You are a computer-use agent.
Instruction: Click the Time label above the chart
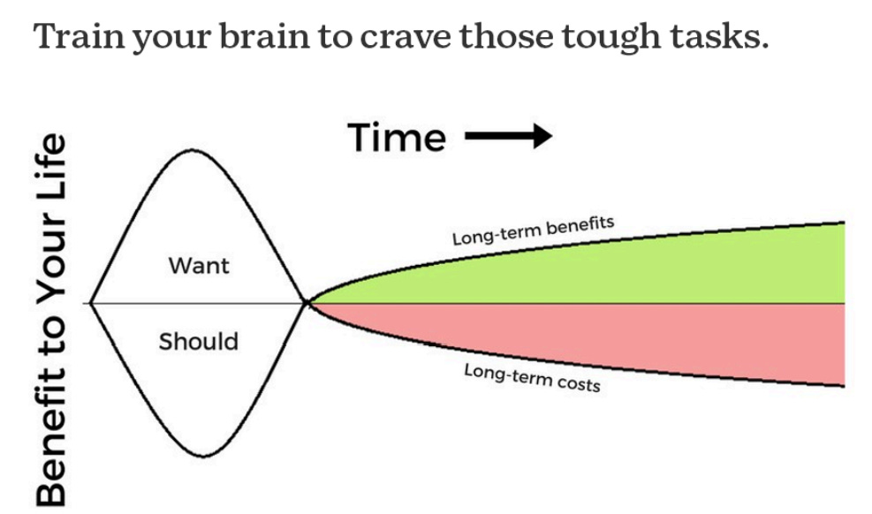pyautogui.click(x=397, y=138)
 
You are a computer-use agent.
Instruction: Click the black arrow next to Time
pyautogui.click(x=508, y=137)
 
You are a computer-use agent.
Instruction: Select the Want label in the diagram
pyautogui.click(x=198, y=265)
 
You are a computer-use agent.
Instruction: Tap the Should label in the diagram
pyautogui.click(x=198, y=341)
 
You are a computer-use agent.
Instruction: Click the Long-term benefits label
pyautogui.click(x=532, y=231)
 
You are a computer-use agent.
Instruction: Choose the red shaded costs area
pyautogui.click(x=663, y=336)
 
